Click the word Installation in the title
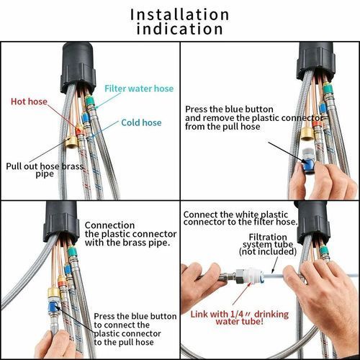coord(179,14)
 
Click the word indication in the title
coord(179,29)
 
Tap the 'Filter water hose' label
coord(139,89)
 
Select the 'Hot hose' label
coord(29,102)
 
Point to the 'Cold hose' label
coord(141,122)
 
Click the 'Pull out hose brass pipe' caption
coord(45,170)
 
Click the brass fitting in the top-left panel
coord(71,142)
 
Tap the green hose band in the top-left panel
coord(90,100)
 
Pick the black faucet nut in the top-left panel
coord(78,68)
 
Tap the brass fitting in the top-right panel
coord(307,134)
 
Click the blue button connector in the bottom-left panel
coord(53,307)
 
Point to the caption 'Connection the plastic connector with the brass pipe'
coord(131,234)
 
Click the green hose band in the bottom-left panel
coord(72,252)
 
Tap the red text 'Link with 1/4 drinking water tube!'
coord(240,318)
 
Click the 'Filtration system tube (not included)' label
coord(268,244)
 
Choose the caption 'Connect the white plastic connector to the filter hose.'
coord(240,218)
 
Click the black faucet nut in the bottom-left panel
coord(62,221)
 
